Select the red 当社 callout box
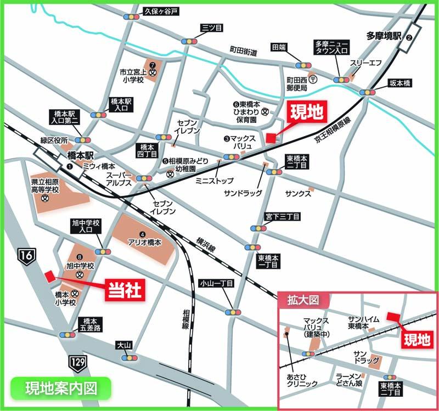125,289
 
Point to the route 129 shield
77,361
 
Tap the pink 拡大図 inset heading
303,300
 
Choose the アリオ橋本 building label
144,242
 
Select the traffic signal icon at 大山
130,358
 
